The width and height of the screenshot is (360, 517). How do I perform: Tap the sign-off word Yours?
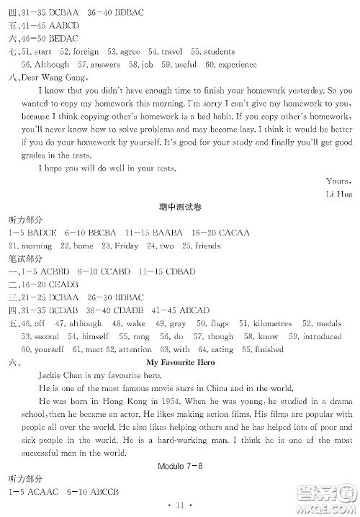pos(338,181)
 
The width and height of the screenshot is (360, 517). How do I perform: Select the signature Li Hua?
pos(338,194)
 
